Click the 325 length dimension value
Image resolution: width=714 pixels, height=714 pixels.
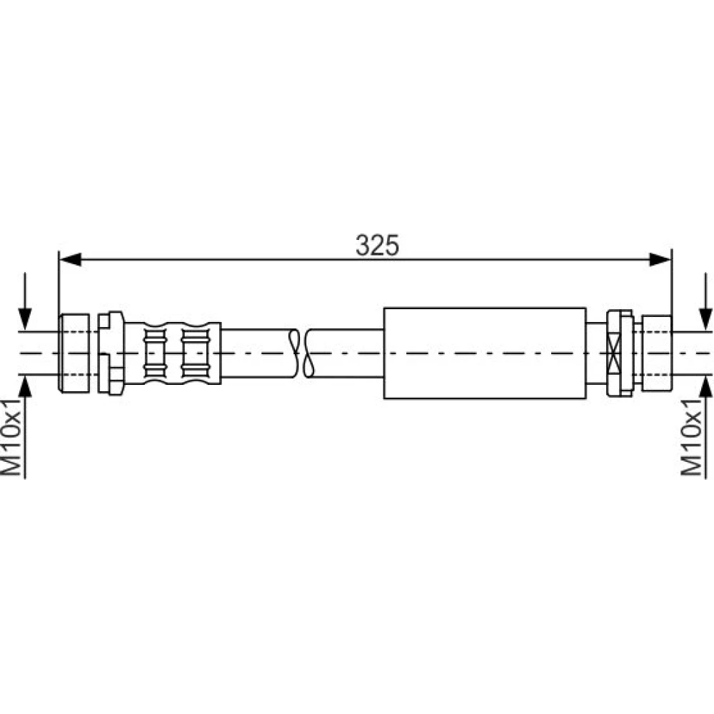click(377, 245)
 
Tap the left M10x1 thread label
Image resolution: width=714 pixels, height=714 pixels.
click(12, 438)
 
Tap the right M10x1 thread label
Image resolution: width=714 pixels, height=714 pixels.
click(690, 438)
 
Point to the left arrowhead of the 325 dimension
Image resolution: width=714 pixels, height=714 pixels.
click(70, 260)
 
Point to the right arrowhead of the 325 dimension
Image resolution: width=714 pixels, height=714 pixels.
click(660, 260)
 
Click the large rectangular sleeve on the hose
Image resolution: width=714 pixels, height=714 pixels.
click(485, 353)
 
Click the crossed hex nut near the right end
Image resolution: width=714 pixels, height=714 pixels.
click(619, 353)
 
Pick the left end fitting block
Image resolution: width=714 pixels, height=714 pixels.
click(74, 353)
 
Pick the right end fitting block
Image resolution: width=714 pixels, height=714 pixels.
click(657, 353)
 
